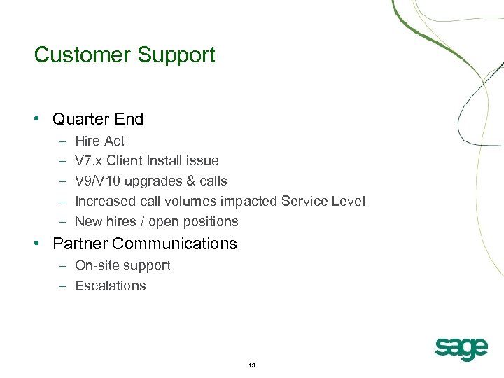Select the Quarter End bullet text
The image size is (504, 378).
(98, 119)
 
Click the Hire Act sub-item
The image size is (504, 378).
(99, 141)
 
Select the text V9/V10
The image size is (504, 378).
(99, 181)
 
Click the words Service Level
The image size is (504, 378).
(323, 202)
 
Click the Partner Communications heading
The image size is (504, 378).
(145, 244)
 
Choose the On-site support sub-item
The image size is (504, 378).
(122, 265)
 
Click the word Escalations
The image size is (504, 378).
(111, 286)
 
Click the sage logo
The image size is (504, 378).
(461, 347)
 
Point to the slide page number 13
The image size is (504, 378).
(252, 365)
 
